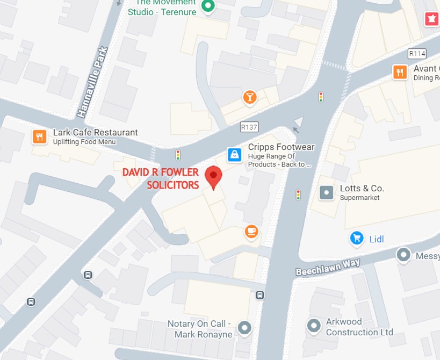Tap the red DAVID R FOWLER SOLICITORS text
click(161, 178)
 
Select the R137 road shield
click(249, 127)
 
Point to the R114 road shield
click(417, 53)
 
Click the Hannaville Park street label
click(92, 82)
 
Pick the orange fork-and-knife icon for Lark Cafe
click(39, 136)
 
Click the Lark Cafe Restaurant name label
click(95, 132)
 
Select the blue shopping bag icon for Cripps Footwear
click(234, 155)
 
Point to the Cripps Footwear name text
click(281, 147)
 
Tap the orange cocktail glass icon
click(250, 97)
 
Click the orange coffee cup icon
click(251, 232)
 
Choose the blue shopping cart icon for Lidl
click(357, 238)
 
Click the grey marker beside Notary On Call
click(245, 327)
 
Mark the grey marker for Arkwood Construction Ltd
click(314, 325)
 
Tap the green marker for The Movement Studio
click(208, 6)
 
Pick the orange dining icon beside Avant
click(400, 72)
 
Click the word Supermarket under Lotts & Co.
click(359, 198)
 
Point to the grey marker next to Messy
click(403, 255)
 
